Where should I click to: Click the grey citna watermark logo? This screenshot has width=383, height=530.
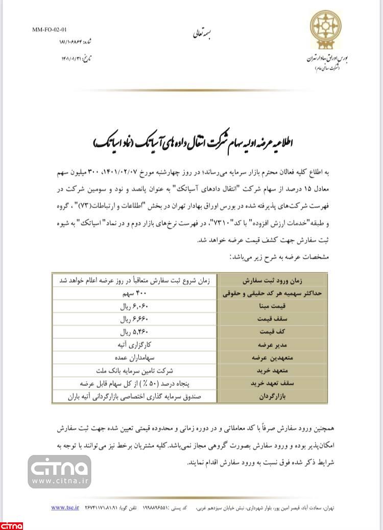tap(60, 472)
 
